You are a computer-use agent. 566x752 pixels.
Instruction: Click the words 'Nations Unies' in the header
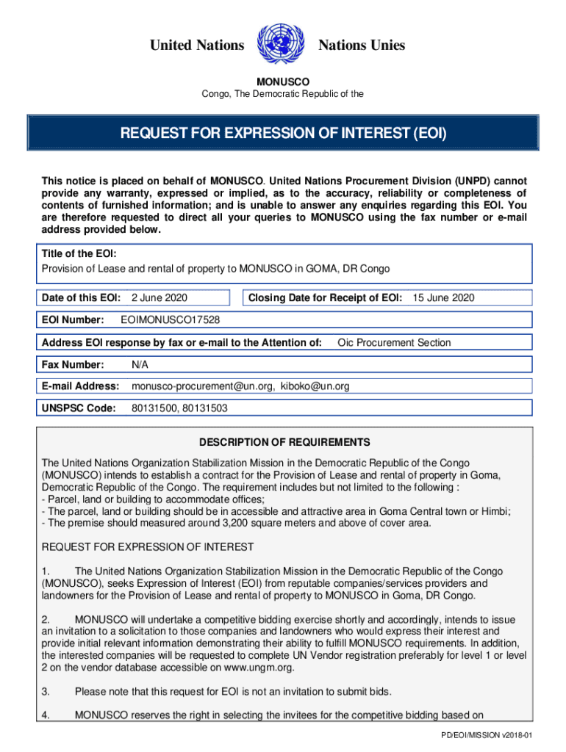click(361, 46)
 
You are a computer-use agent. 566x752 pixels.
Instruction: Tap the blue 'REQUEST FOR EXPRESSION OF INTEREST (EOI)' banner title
click(283, 134)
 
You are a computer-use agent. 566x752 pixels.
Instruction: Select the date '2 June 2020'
click(160, 297)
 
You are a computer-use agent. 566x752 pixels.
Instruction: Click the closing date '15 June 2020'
click(443, 297)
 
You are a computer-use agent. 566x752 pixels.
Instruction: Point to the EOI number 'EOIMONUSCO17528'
click(170, 320)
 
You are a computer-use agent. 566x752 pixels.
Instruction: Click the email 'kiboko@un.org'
click(315, 386)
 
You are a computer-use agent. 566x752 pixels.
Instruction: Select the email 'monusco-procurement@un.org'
click(202, 386)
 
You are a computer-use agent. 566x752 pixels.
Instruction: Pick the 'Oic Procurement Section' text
click(394, 342)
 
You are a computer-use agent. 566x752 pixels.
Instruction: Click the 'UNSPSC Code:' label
click(79, 408)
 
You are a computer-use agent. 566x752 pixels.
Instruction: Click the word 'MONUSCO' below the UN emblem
click(282, 82)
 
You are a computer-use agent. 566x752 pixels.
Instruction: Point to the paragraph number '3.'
click(46, 692)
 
